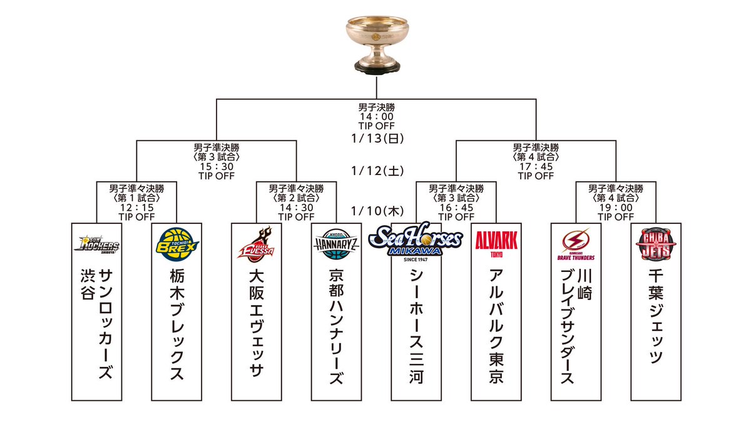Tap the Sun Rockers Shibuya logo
point(96,244)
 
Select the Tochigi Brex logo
point(176,243)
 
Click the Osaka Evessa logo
point(256,244)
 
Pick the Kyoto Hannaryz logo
point(336,244)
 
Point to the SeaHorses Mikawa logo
point(416,241)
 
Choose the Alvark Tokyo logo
point(496,243)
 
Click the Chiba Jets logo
point(655,244)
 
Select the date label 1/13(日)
point(375,138)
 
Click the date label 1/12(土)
point(375,170)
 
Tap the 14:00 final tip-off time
point(375,117)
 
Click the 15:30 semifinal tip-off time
point(217,167)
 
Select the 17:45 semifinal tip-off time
point(536,167)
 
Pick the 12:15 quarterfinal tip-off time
point(136,208)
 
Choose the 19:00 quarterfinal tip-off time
point(615,208)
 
